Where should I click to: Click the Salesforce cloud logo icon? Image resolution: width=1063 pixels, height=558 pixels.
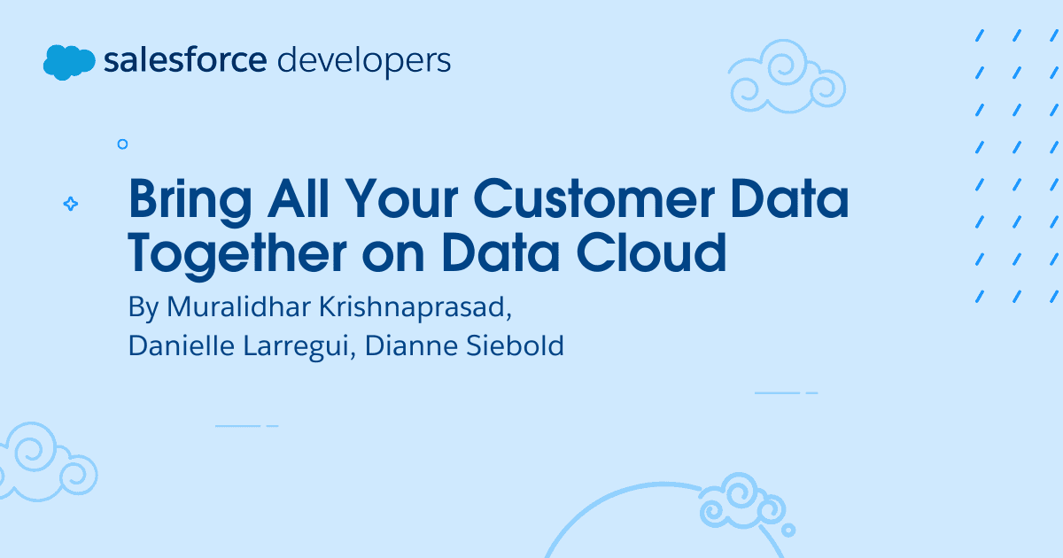coord(69,62)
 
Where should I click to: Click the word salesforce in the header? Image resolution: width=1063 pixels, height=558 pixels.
coord(185,60)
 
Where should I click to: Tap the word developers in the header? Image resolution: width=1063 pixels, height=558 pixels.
coord(364,62)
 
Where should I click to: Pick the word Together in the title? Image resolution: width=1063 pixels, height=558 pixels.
coord(237,255)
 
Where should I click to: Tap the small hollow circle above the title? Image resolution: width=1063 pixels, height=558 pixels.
coord(122,144)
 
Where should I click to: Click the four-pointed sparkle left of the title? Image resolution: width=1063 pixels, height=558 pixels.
coord(71,204)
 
